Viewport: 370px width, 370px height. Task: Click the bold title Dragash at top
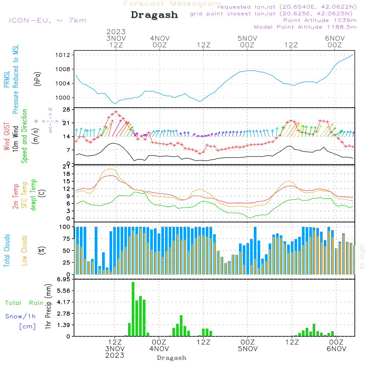[154, 15]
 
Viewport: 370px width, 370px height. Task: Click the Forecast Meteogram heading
[172, 4]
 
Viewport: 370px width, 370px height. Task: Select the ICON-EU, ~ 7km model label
[47, 20]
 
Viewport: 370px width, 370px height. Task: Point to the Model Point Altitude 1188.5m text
[305, 27]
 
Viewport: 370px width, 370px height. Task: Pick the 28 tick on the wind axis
[67, 109]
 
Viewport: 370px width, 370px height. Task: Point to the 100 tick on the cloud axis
[65, 227]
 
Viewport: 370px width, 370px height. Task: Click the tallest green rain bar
[133, 309]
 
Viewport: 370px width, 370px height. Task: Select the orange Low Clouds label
[24, 249]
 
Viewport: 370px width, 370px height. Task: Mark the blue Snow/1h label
[20, 316]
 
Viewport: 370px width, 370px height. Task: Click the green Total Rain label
[24, 303]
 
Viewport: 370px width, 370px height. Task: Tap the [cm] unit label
[27, 326]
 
